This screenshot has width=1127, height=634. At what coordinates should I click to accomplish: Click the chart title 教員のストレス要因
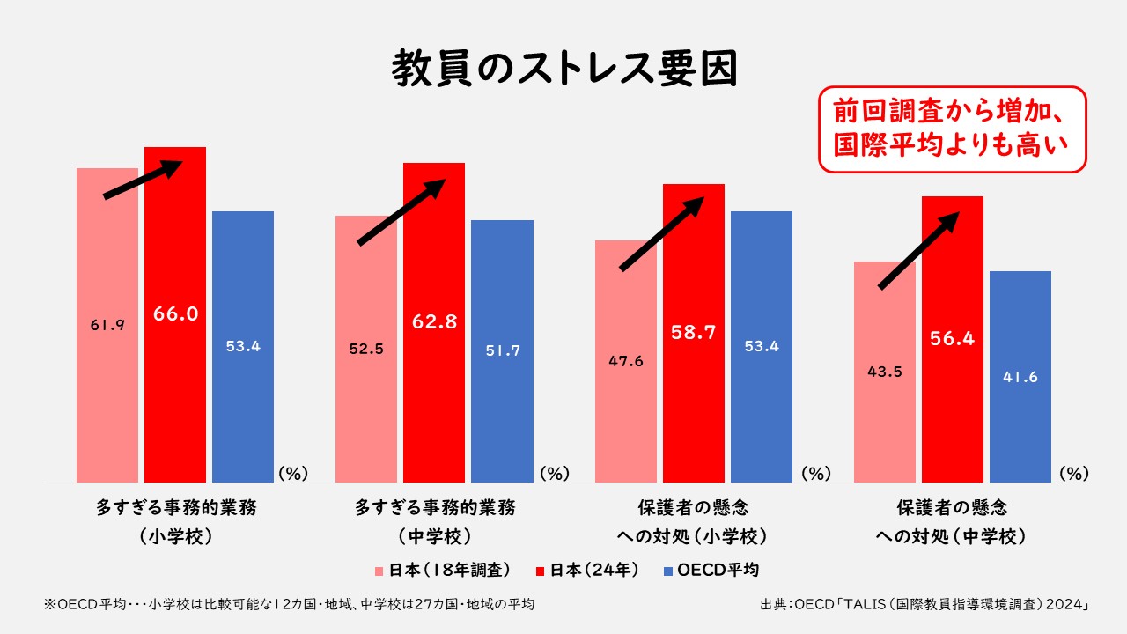[563, 68]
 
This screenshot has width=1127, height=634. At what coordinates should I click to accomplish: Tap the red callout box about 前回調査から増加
[953, 129]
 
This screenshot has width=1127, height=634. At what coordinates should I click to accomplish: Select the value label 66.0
[175, 313]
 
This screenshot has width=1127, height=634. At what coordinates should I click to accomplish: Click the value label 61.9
[107, 325]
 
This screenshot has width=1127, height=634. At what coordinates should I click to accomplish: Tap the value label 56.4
[953, 338]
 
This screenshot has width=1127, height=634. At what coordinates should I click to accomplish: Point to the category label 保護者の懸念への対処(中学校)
[953, 521]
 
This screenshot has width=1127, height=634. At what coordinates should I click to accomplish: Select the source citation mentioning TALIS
[925, 605]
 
